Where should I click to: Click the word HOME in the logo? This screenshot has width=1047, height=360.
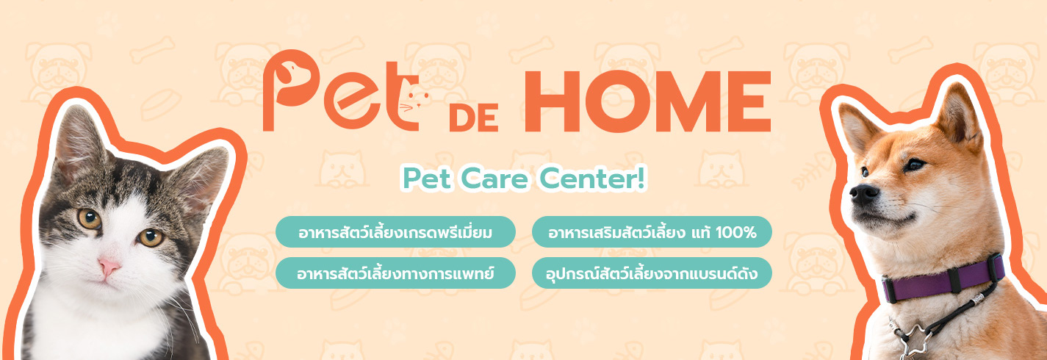[x=647, y=101]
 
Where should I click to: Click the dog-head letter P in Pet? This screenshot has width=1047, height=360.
[x=289, y=89]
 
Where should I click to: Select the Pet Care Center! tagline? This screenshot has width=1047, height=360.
[x=524, y=179]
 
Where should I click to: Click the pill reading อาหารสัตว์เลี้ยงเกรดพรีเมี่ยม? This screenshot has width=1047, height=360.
[x=395, y=232]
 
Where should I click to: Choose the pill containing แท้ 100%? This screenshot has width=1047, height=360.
[x=652, y=232]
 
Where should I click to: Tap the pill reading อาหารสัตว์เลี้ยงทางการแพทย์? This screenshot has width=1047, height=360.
[x=395, y=273]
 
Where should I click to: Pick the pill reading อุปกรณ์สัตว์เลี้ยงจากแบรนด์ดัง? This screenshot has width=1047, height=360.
[x=652, y=273]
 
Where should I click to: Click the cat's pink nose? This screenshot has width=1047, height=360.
[x=109, y=267]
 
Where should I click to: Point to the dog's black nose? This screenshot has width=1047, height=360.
[x=864, y=194]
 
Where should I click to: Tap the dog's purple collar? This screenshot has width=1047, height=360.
[x=942, y=278]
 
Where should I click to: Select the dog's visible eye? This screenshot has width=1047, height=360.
[x=914, y=165]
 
